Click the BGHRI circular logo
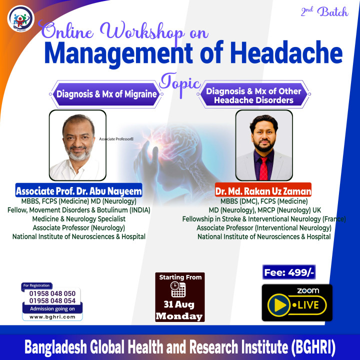(21, 18)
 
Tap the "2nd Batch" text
(324, 11)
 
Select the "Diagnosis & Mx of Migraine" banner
(106, 94)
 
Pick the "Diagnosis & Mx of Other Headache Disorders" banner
(253, 94)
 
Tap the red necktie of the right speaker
(263, 168)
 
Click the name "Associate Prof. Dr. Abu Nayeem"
(79, 190)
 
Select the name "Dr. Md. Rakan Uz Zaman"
(263, 190)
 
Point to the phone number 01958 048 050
(52, 293)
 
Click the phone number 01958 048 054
(52, 301)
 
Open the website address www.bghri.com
(52, 317)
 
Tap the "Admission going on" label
(52, 309)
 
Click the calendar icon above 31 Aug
(178, 289)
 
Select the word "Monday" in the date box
(179, 316)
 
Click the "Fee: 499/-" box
(289, 272)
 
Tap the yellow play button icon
(278, 305)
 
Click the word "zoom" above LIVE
(308, 291)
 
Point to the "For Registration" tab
(36, 286)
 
